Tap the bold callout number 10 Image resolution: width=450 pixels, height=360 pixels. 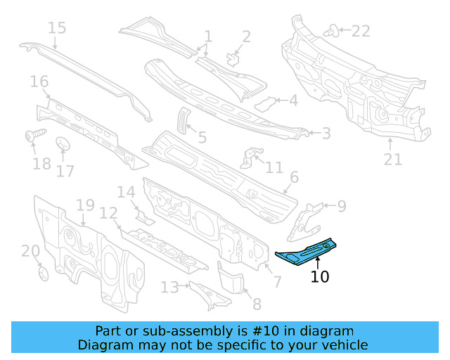click(320, 277)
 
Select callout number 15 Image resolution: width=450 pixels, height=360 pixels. click(57, 28)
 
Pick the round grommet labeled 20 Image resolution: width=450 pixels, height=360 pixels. click(41, 272)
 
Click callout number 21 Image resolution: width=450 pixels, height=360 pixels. click(392, 160)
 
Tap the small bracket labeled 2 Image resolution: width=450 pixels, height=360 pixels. click(233, 58)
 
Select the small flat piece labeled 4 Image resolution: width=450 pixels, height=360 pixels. click(264, 104)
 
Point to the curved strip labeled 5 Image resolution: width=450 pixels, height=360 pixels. click(182, 120)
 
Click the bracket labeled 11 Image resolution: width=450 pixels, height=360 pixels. click(249, 158)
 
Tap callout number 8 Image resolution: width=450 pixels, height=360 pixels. click(257, 304)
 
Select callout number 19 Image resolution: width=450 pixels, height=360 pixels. click(85, 205)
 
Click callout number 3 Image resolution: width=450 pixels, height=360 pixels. click(326, 133)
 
